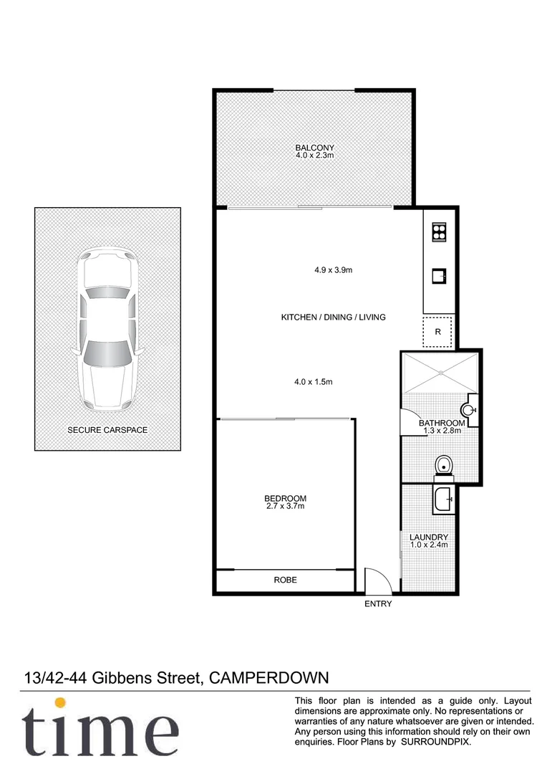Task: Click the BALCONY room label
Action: pos(315,148)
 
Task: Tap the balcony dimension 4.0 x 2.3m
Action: pos(315,155)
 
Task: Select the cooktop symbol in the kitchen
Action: pos(438,232)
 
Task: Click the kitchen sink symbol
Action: pos(438,274)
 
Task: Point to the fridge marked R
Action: pos(437,332)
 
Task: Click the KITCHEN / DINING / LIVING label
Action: pos(333,317)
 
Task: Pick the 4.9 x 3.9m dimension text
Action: pos(334,270)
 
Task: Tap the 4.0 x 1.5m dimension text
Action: pos(314,382)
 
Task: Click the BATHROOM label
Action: pos(441,423)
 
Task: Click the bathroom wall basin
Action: pos(469,410)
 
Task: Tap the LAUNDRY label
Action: pos(429,537)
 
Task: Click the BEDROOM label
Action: pos(285,499)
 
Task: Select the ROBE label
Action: pos(285,580)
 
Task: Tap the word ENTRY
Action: pos(378,604)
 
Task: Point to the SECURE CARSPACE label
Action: pos(107,430)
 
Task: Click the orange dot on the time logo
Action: pos(61,703)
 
